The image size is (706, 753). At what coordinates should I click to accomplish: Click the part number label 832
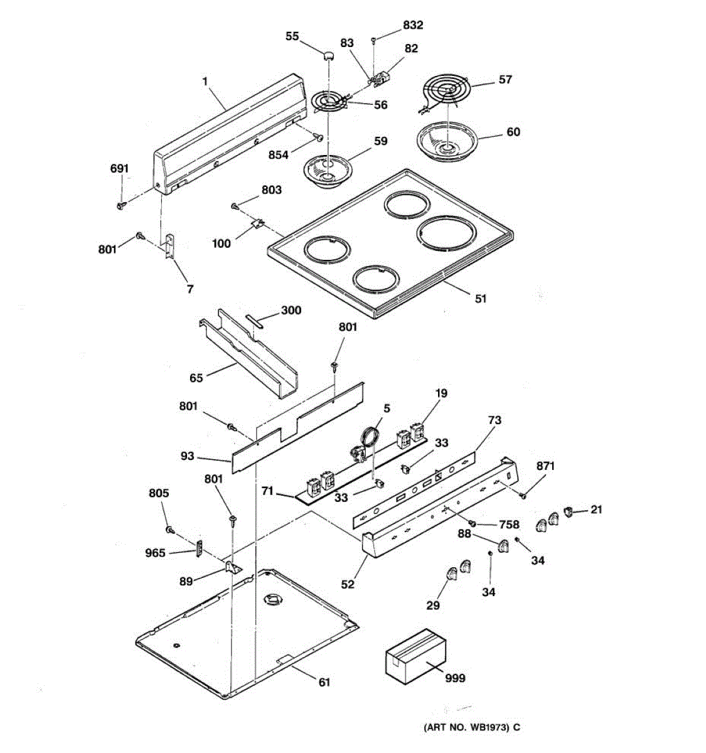coord(412,25)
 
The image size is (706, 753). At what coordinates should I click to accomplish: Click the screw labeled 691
coord(120,205)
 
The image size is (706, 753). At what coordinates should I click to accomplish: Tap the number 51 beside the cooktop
coord(480,299)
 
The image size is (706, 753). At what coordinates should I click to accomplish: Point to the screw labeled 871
coord(522,496)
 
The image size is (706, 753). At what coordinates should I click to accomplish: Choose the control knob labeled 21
coord(569,511)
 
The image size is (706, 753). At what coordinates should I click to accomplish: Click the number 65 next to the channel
coord(196,378)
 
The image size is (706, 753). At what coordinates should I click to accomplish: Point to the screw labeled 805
coord(169,530)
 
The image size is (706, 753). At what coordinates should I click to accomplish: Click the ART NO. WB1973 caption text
coord(471,728)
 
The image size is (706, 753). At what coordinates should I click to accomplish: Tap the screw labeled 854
coord(319,137)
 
